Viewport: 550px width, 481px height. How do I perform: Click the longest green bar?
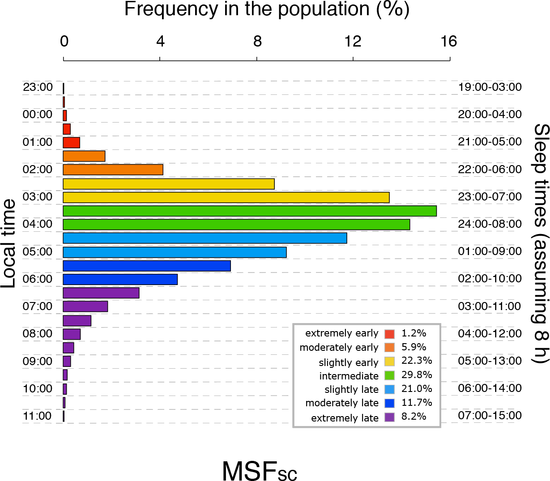pyautogui.click(x=250, y=211)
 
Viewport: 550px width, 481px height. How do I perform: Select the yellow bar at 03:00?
pyautogui.click(x=226, y=197)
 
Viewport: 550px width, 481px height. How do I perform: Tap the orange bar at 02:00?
pyautogui.click(x=113, y=170)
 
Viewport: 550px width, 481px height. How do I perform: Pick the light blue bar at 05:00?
pyautogui.click(x=175, y=252)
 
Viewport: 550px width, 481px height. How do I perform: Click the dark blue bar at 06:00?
pyautogui.click(x=120, y=280)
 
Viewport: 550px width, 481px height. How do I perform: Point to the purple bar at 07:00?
pyautogui.click(x=85, y=306)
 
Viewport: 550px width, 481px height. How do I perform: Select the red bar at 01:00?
pyautogui.click(x=71, y=142)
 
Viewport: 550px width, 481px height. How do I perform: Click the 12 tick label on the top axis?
pyautogui.click(x=353, y=41)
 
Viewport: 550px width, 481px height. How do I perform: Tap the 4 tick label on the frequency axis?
pyautogui.click(x=160, y=41)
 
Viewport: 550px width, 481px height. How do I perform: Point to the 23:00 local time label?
pyautogui.click(x=38, y=87)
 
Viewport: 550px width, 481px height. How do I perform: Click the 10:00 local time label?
pyautogui.click(x=38, y=388)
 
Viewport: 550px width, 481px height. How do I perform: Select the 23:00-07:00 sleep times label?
pyautogui.click(x=490, y=196)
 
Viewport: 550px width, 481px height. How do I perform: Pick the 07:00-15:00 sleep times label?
pyautogui.click(x=490, y=416)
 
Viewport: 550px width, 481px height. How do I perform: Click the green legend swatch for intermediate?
pyautogui.click(x=389, y=375)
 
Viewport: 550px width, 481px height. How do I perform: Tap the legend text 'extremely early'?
pyautogui.click(x=342, y=334)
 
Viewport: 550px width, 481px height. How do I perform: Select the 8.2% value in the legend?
pyautogui.click(x=414, y=417)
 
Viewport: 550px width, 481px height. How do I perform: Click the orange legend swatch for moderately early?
pyautogui.click(x=389, y=348)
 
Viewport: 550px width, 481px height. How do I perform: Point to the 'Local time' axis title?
pyautogui.click(x=9, y=244)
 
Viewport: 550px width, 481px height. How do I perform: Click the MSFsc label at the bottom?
pyautogui.click(x=260, y=470)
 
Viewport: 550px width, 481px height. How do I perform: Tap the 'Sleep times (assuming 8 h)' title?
pyautogui.click(x=541, y=244)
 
